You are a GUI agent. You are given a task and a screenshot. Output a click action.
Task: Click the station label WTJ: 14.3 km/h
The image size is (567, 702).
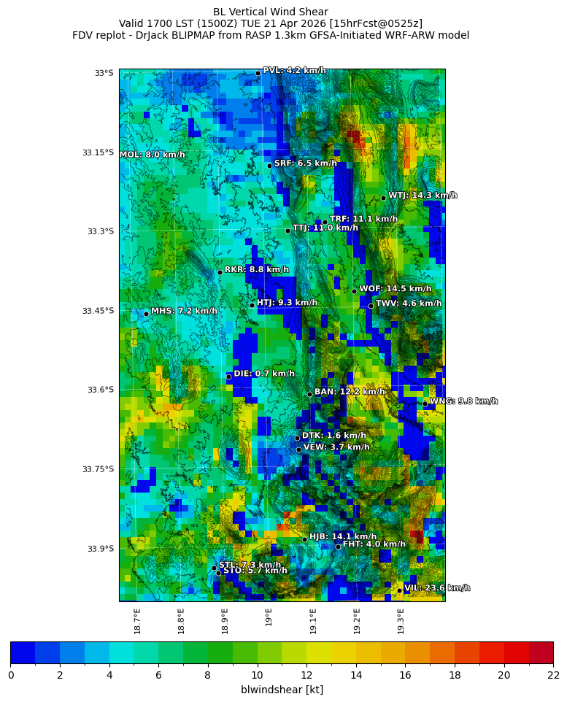(x=423, y=196)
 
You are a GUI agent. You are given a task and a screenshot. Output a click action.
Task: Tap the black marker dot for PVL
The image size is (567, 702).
(x=258, y=73)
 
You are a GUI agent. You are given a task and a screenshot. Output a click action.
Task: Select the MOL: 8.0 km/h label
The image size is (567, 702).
(x=153, y=155)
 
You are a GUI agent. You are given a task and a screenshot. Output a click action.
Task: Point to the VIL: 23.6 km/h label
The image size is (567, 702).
(x=437, y=588)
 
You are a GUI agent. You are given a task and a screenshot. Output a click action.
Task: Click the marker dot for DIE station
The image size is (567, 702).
(x=228, y=377)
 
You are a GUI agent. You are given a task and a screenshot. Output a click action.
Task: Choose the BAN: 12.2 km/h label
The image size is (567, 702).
(x=350, y=392)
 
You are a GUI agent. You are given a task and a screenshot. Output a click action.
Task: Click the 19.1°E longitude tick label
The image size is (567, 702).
(x=313, y=621)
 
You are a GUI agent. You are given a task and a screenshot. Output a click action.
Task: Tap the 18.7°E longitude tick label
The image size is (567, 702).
(x=137, y=621)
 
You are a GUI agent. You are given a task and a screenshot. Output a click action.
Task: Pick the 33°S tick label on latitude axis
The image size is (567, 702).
(x=104, y=73)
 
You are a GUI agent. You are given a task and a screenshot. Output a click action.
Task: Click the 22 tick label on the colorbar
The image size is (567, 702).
(x=552, y=675)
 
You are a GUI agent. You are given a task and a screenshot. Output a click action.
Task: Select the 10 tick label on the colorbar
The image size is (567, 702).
(x=257, y=675)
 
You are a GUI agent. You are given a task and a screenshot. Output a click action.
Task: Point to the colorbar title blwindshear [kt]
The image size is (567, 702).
(x=282, y=690)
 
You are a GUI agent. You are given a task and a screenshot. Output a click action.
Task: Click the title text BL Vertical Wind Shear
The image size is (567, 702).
(x=270, y=12)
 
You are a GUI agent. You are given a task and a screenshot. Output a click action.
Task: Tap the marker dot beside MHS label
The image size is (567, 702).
(x=146, y=314)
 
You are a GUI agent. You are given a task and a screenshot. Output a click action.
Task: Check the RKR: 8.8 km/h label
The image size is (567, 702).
(x=256, y=270)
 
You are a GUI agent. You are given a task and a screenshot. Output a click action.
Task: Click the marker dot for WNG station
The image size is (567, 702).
(x=425, y=404)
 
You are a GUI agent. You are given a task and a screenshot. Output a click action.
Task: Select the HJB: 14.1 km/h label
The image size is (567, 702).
(x=343, y=536)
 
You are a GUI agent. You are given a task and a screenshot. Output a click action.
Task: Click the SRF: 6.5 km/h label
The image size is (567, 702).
(x=306, y=163)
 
